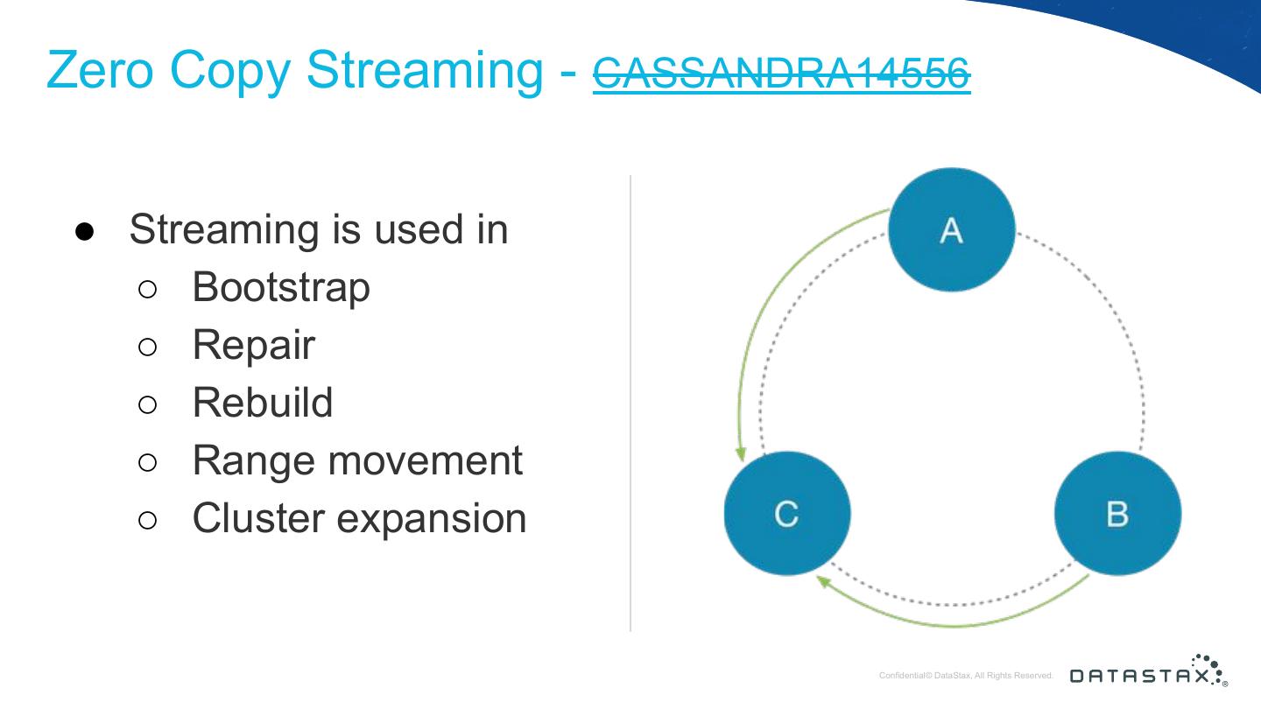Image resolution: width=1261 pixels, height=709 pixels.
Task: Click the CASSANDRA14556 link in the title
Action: [x=781, y=74]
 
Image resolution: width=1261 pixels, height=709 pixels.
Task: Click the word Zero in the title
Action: [x=100, y=70]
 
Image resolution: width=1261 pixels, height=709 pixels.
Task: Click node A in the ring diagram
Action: [x=951, y=229]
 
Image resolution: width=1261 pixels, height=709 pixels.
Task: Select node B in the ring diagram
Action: [x=1117, y=513]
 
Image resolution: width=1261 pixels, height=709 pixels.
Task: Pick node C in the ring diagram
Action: [x=787, y=513]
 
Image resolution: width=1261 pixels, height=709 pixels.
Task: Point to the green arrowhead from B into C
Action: [x=823, y=582]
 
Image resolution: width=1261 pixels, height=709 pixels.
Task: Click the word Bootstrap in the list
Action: [x=281, y=287]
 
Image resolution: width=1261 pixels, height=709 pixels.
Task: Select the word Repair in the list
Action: [x=253, y=346]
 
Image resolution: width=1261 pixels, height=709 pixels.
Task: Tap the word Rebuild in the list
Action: [x=263, y=403]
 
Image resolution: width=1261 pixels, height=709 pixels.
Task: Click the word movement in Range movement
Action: [x=425, y=461]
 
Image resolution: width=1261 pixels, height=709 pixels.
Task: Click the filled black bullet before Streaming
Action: [x=84, y=231]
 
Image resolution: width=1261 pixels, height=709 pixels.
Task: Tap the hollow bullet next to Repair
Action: [x=147, y=347]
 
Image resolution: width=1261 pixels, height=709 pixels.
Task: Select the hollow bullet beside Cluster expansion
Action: [x=147, y=520]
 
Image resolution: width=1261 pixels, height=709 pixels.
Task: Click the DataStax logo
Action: [x=1148, y=670]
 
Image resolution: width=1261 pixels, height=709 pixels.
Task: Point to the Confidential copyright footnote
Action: [x=965, y=675]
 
